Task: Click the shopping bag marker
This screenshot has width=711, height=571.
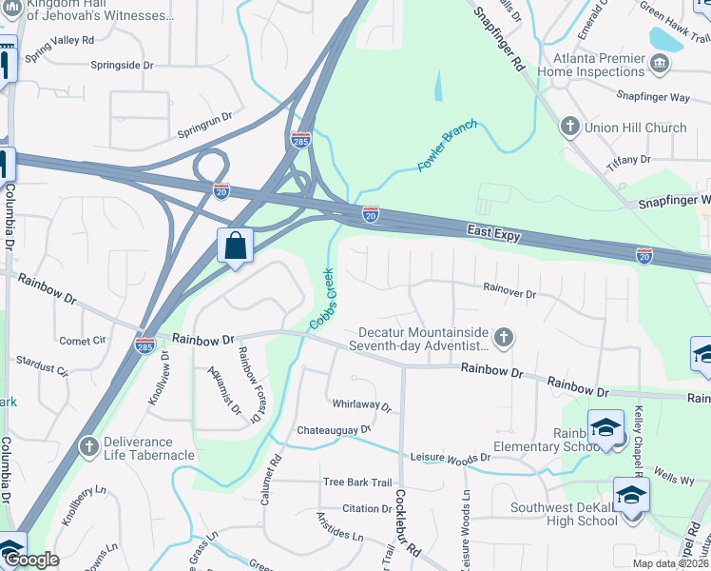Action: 235,246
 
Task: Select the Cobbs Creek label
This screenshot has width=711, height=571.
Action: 322,299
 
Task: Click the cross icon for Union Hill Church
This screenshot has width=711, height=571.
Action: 570,127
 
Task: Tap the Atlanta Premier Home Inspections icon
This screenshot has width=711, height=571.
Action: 660,64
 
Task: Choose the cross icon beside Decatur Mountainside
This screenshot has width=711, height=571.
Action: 504,338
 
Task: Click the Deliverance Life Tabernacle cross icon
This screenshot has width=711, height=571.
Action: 88,446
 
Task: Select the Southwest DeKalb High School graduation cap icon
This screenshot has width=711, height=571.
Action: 631,497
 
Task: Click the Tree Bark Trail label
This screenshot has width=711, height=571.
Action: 356,482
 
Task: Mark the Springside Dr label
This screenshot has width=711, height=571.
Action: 122,65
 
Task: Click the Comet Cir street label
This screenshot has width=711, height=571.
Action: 83,341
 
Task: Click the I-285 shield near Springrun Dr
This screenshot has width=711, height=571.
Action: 300,139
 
